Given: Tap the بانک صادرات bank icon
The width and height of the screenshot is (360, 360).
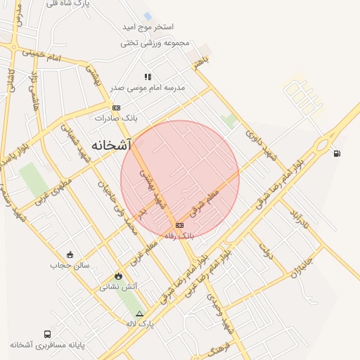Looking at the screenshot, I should click(116, 108).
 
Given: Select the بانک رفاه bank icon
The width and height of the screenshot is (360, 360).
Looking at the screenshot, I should click(179, 225).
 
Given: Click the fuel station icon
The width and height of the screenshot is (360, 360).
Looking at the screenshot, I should click(337, 153).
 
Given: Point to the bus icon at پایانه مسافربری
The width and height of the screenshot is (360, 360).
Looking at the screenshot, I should click(47, 335).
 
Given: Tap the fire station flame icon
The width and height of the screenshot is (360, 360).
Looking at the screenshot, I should click(118, 276).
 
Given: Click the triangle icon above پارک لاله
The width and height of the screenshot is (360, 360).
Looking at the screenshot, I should click(139, 314).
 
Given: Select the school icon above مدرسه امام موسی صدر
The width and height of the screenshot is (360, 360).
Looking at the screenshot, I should click(148, 77).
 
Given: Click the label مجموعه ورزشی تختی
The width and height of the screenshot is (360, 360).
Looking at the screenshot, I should click(155, 43).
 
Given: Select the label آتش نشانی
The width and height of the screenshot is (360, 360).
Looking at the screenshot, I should click(118, 286).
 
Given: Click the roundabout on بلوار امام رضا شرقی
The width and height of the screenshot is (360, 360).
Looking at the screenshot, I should click(324, 146).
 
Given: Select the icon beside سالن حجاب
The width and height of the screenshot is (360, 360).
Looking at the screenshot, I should click(70, 255).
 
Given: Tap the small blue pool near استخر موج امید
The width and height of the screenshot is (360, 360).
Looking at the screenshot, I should click(148, 15).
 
